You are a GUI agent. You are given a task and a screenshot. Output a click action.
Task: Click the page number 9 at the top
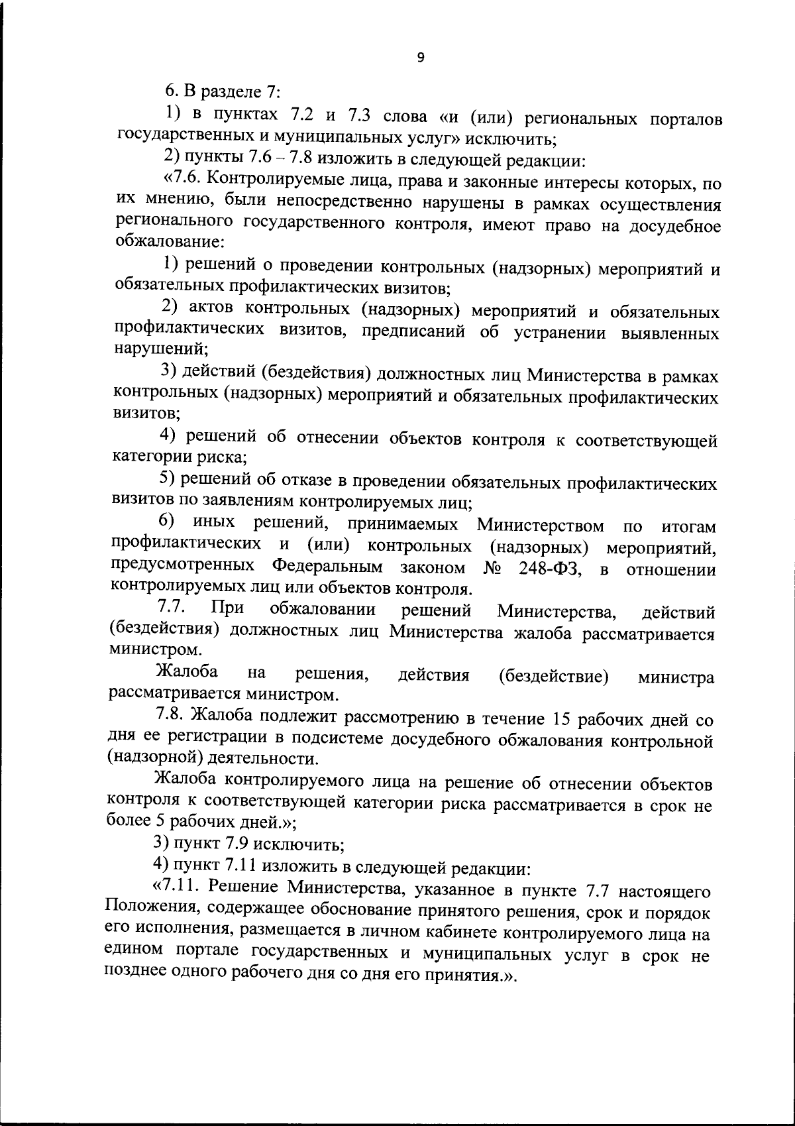pyautogui.click(x=421, y=58)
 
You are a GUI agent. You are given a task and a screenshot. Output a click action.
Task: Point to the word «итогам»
pyautogui.click(x=689, y=527)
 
